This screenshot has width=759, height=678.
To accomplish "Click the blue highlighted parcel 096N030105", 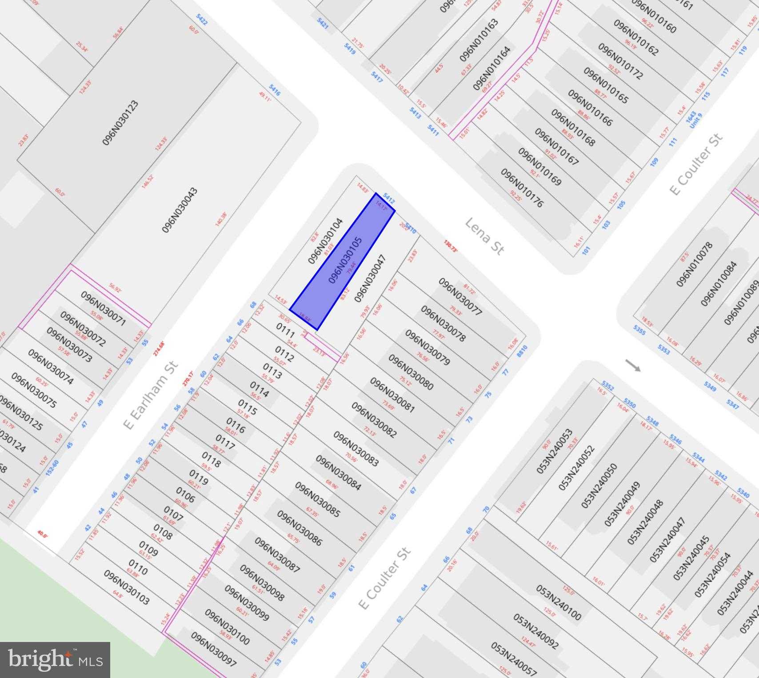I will tap(342, 261).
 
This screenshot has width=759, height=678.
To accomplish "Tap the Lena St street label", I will tap(484, 236).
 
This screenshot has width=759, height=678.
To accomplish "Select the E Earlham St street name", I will tap(151, 395).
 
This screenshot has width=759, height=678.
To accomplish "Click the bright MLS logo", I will tap(55, 660).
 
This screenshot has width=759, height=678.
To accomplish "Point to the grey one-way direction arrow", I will tap(633, 365).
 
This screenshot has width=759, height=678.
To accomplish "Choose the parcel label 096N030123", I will tap(120, 123).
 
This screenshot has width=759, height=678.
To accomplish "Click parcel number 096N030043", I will tap(180, 210).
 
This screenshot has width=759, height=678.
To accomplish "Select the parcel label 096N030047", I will tap(370, 278).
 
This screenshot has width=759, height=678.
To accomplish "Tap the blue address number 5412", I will tap(389, 199).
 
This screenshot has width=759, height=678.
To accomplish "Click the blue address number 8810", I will tap(522, 351).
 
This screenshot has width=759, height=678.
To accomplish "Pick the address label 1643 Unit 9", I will tap(693, 120).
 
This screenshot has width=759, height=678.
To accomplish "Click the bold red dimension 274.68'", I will tap(159, 348).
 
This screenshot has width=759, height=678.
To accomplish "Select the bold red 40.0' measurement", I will tap(42, 534).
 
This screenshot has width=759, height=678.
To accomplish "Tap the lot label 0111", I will tap(285, 330).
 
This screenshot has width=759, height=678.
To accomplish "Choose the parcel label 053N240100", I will tap(558, 602).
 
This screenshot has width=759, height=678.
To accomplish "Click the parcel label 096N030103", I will tap(126, 587).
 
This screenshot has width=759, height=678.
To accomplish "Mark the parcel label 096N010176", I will tap(522, 187).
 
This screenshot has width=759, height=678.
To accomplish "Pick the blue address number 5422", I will tap(202, 20).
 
